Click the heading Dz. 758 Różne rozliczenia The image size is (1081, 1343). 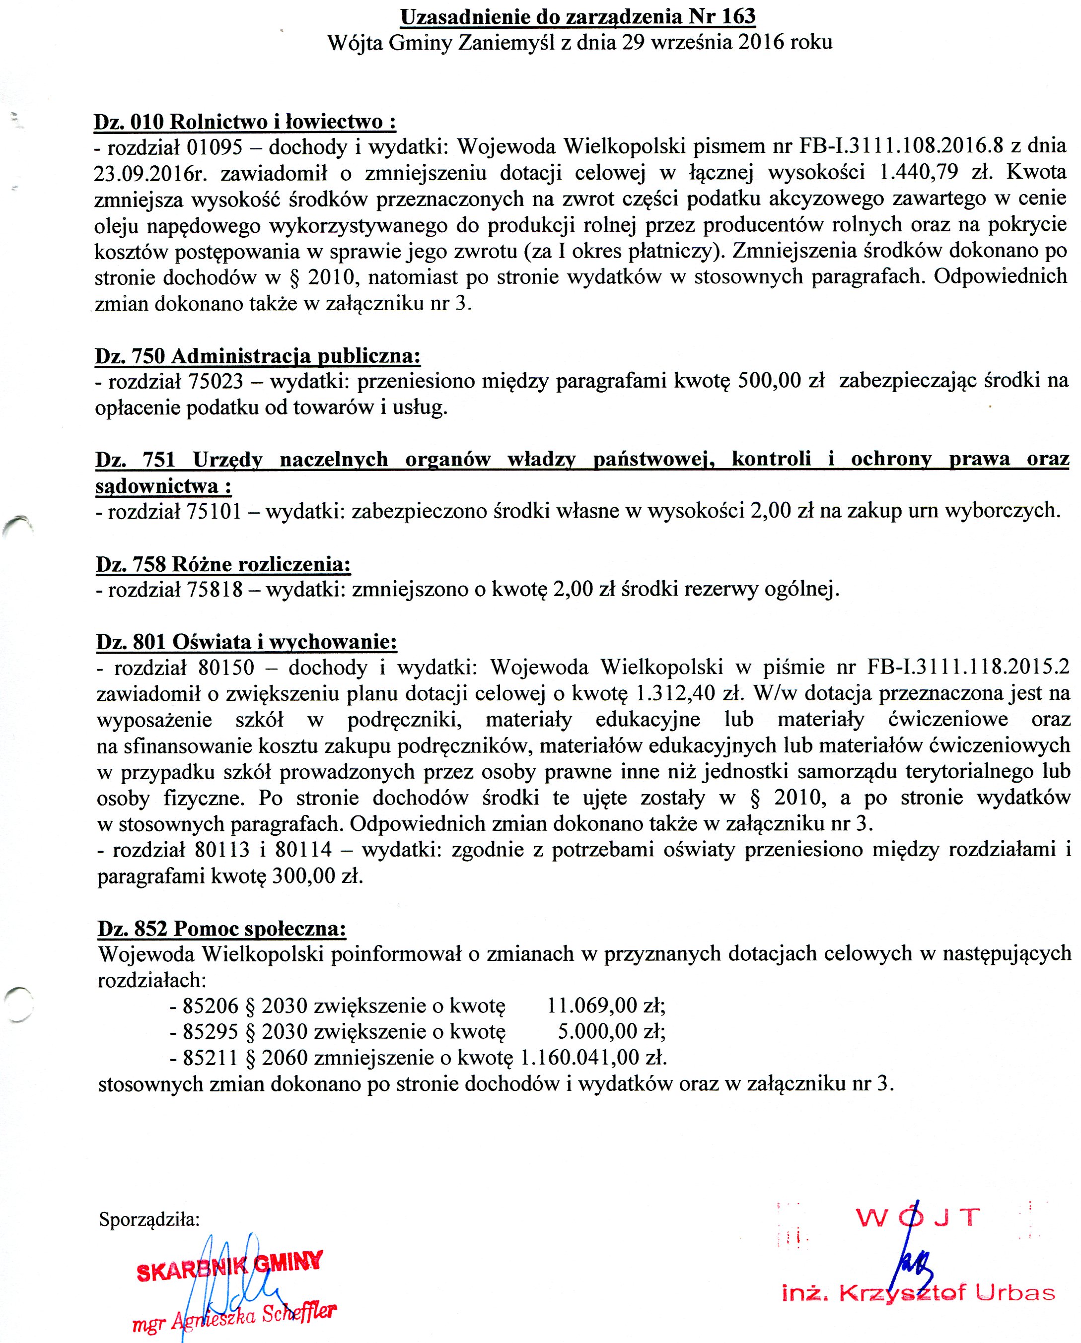[223, 564]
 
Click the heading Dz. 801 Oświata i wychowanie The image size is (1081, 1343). [246, 642]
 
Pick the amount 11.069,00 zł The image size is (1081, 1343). [606, 1006]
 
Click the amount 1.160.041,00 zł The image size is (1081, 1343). [594, 1058]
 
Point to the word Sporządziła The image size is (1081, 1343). [149, 1219]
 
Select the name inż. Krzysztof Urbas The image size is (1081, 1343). [919, 1294]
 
